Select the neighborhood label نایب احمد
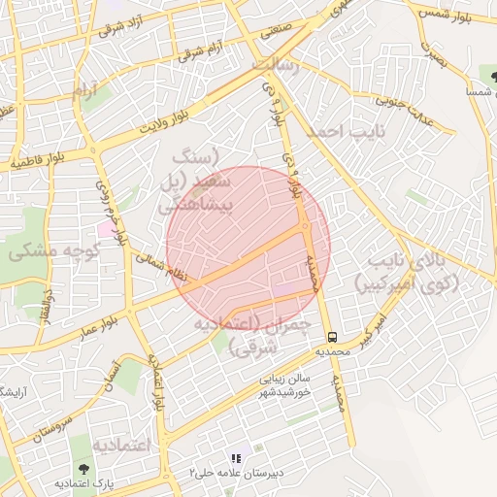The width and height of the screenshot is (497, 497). (346, 129)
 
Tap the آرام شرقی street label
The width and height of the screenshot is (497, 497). (203, 50)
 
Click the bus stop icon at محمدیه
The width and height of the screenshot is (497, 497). (333, 337)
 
